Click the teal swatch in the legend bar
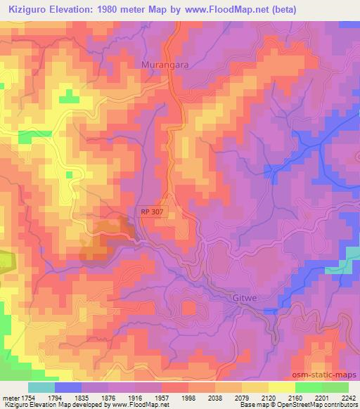[41, 387]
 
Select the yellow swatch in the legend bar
[282, 387]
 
